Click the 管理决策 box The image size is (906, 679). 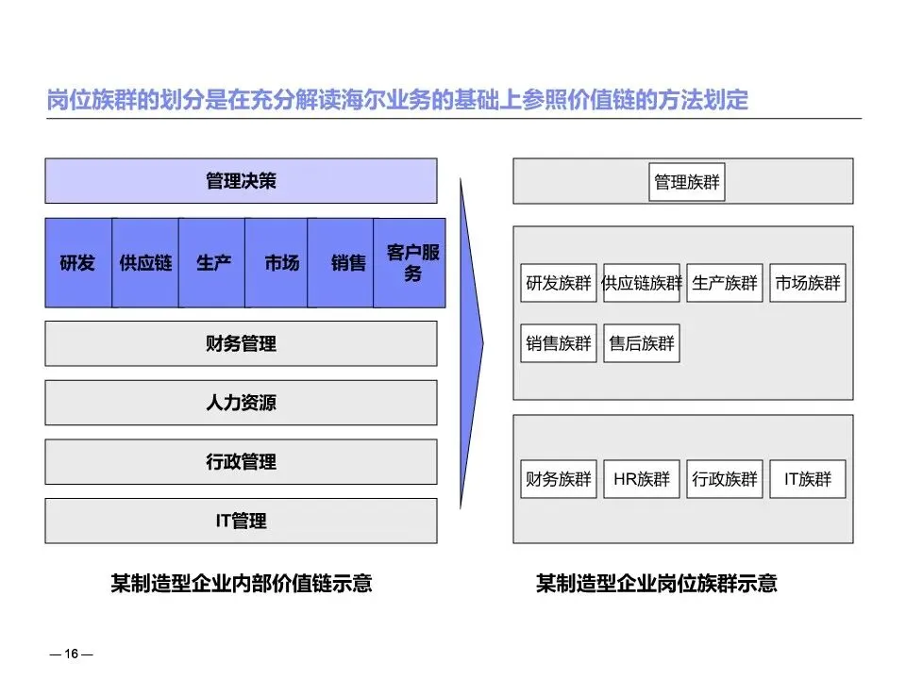241,180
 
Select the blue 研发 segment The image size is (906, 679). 77,263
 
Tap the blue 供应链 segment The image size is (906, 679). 145,263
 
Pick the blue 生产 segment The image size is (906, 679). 213,263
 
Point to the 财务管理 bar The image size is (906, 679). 241,343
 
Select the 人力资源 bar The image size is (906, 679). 241,403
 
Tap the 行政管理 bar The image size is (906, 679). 241,462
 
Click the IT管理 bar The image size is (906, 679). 241,521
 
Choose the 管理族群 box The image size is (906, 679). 687,182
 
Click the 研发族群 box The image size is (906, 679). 559,283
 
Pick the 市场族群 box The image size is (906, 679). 808,283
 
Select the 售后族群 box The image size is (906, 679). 642,343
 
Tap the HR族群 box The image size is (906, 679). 642,479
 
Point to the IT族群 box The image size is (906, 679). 808,479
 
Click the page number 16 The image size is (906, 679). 72,654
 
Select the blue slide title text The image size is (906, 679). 397,100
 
